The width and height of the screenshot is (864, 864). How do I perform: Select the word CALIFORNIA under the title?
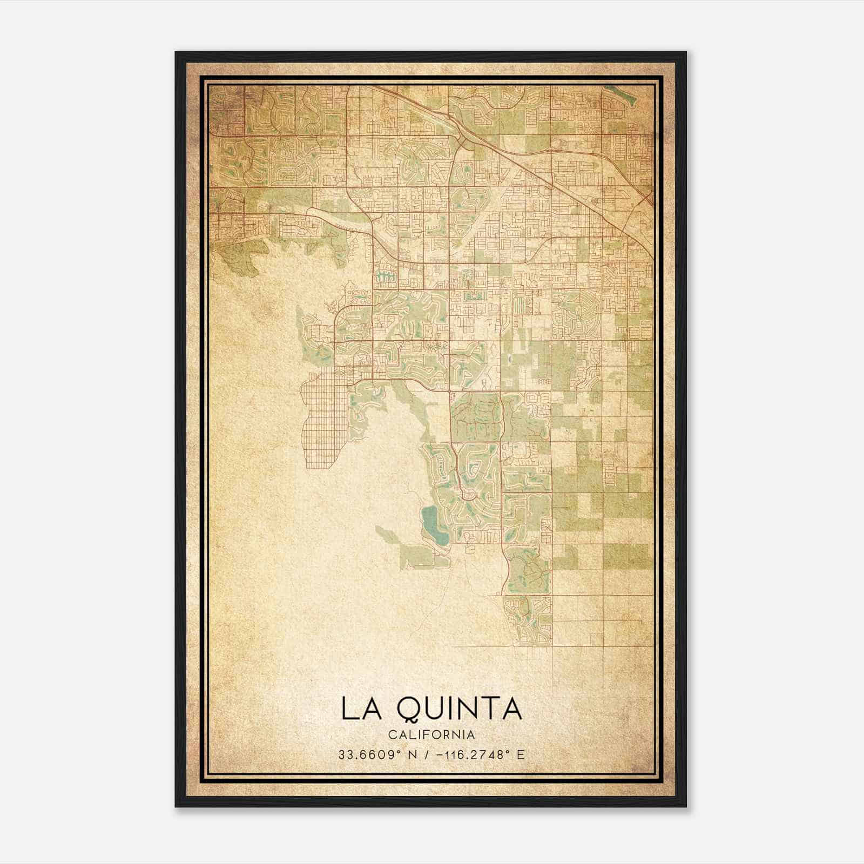[431, 735]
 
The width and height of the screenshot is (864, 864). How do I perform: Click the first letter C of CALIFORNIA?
[392, 735]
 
